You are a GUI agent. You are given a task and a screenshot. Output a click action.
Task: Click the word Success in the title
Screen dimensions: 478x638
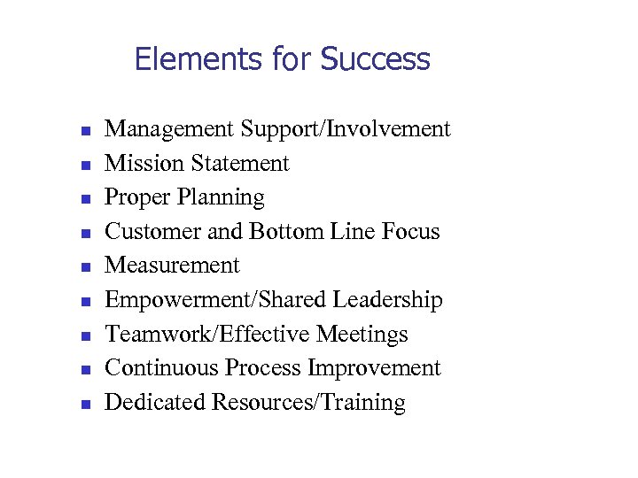[375, 59]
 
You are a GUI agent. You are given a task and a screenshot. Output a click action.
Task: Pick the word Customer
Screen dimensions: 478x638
[144, 232]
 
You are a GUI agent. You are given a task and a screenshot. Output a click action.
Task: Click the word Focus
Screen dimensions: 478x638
[410, 232]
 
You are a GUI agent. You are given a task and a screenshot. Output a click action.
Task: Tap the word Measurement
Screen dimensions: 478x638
[172, 266]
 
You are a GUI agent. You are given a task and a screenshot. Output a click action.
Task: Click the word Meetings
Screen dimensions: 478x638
[362, 335]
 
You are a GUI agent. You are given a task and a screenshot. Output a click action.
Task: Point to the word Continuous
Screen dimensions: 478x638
[162, 368]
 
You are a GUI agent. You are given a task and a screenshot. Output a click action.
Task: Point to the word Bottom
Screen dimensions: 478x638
[284, 232]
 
